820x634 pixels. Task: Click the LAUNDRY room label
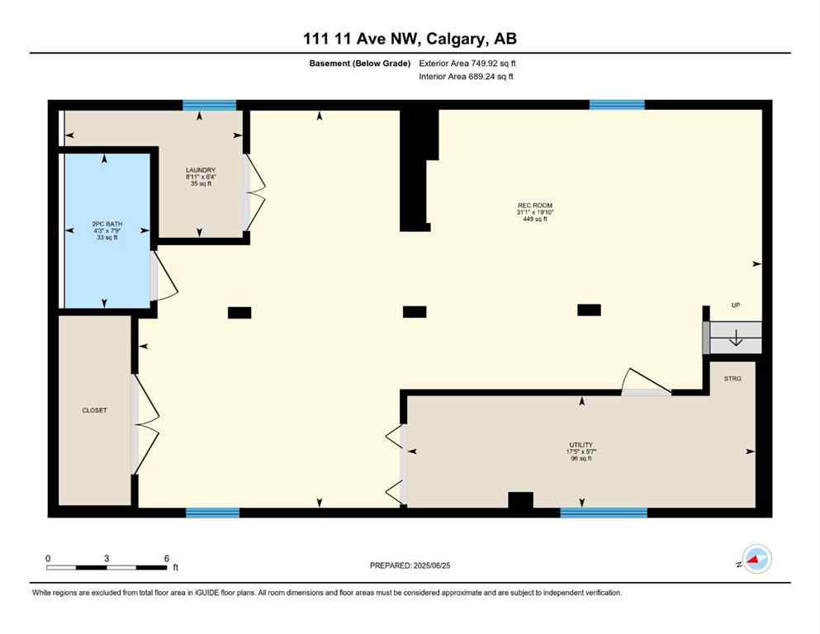[x=201, y=170]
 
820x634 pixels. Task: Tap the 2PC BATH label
[x=104, y=224]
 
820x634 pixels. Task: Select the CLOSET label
[x=94, y=410]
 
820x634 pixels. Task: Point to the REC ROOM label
[x=534, y=206]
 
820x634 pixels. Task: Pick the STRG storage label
[x=732, y=378]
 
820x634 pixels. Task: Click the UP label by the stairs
[x=735, y=305]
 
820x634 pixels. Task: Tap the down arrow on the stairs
[x=736, y=338]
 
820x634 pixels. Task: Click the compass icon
[x=755, y=560]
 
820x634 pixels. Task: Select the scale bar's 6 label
[x=167, y=558]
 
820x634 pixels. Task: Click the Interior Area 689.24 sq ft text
[x=467, y=77]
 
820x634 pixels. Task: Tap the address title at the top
[x=410, y=39]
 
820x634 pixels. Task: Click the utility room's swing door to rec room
[x=644, y=381]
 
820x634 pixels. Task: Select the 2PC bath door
[x=162, y=277]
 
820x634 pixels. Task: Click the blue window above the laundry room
[x=209, y=105]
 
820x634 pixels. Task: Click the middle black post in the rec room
[x=415, y=311]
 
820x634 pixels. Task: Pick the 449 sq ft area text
[x=534, y=219]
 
